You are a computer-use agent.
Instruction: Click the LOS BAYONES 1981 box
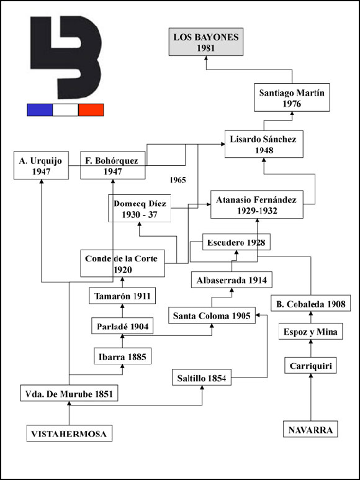(x=206, y=42)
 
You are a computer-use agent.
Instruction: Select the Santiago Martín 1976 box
(x=292, y=97)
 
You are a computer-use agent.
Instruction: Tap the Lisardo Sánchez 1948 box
(x=264, y=144)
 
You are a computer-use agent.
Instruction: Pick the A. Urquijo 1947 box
(x=41, y=165)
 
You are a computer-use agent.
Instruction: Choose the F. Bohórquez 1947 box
(x=112, y=165)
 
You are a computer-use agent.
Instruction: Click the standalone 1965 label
(x=178, y=180)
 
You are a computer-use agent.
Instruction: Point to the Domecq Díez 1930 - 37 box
(x=140, y=208)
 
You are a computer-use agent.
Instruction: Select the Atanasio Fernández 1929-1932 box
(x=257, y=204)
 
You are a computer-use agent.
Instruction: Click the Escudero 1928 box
(x=236, y=242)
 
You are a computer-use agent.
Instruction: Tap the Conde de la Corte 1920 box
(x=122, y=263)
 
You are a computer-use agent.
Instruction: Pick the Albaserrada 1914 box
(x=232, y=280)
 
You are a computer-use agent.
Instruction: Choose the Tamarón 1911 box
(x=122, y=296)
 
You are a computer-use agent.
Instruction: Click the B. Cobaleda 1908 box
(x=310, y=304)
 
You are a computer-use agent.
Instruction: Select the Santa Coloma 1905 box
(x=212, y=315)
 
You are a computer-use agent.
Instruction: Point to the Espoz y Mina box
(x=310, y=332)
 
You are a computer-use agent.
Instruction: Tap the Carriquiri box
(x=310, y=366)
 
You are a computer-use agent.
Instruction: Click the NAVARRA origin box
(x=310, y=429)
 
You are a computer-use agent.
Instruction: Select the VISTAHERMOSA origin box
(x=69, y=433)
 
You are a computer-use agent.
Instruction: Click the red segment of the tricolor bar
(x=91, y=110)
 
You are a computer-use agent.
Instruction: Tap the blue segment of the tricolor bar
(x=40, y=110)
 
